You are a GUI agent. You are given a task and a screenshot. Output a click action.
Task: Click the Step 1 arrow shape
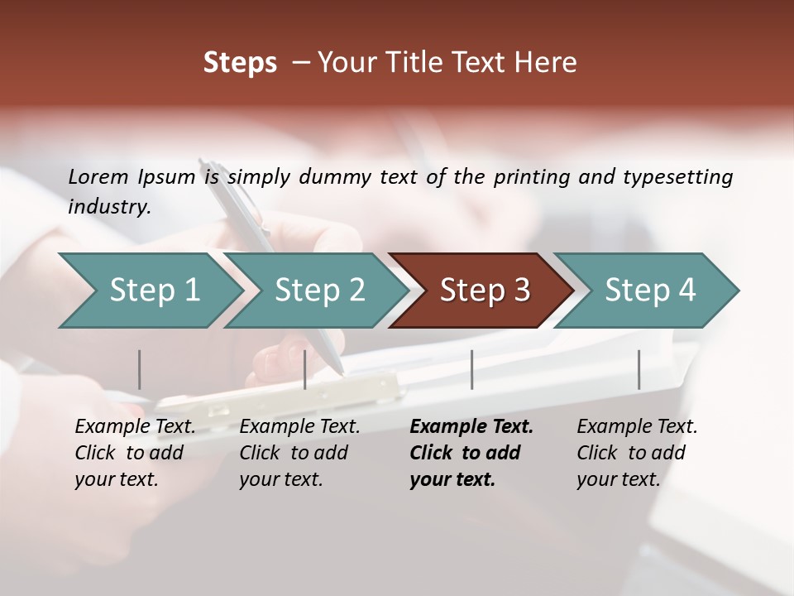point(149,291)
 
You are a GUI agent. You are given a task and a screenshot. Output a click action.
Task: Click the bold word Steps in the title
point(240,63)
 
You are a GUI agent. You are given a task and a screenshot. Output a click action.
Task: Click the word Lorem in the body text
point(98,176)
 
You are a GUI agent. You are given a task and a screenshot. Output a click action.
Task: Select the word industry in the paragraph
point(108,207)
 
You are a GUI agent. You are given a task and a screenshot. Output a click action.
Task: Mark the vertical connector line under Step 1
point(140,369)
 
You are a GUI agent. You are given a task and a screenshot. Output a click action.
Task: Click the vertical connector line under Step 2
point(305,369)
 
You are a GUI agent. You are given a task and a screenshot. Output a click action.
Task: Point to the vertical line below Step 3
point(472,369)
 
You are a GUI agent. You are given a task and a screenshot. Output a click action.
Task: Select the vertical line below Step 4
point(639,369)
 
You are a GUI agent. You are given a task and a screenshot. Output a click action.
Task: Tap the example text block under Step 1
point(135,453)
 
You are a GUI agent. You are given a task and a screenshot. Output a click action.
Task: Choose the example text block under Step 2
point(299,453)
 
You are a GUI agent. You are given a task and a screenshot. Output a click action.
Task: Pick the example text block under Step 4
point(637,453)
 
